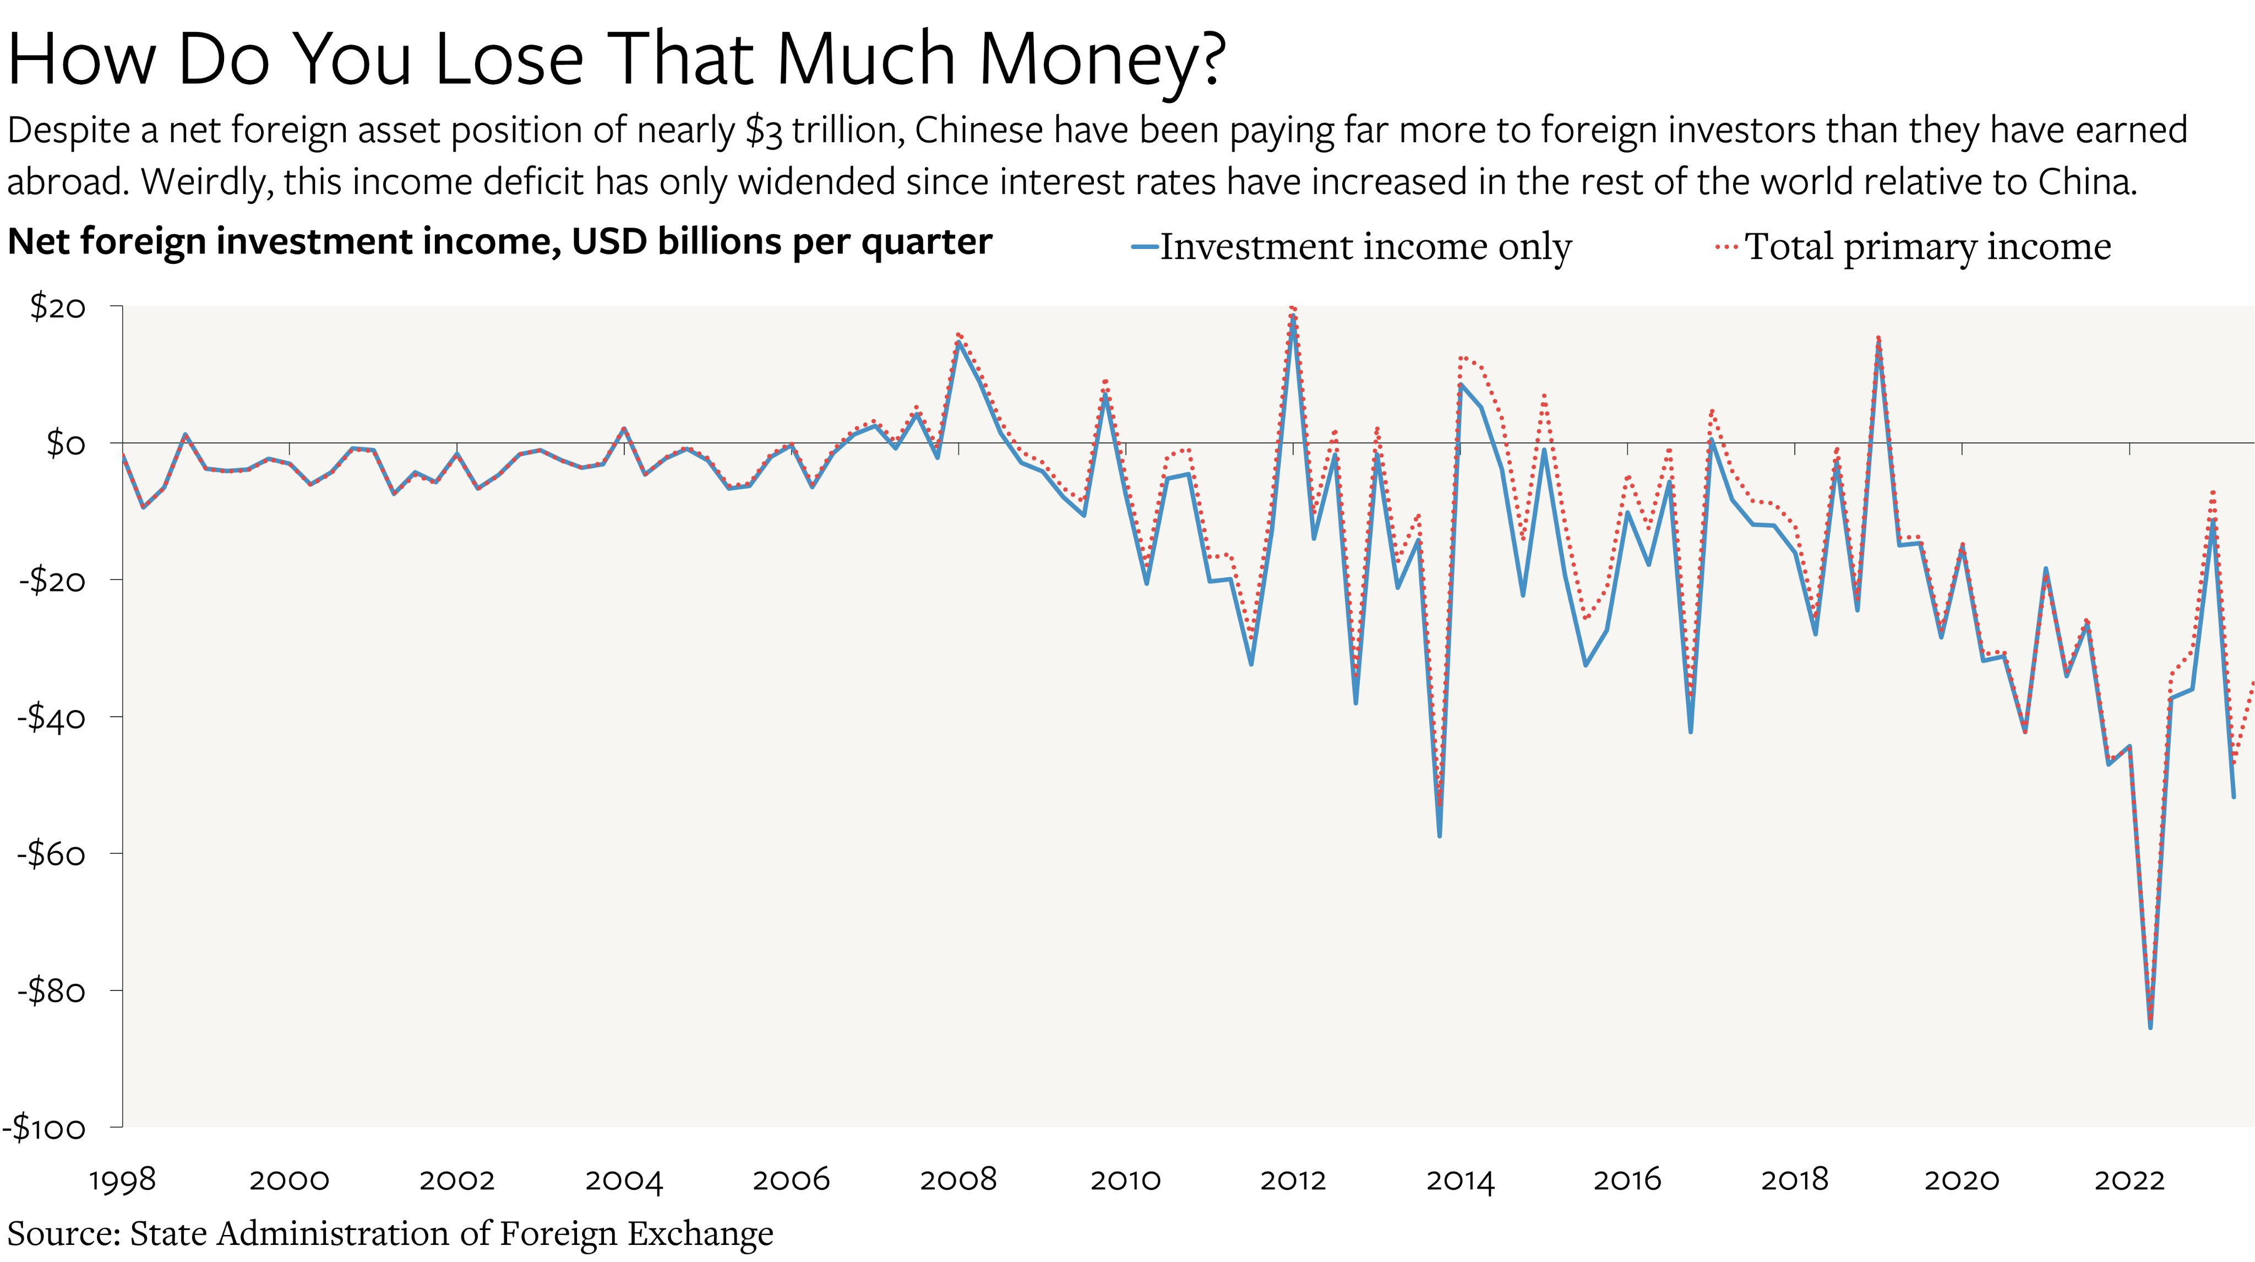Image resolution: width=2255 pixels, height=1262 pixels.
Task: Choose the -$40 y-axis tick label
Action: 52,717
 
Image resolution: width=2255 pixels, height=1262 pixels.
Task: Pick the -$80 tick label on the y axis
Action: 52,990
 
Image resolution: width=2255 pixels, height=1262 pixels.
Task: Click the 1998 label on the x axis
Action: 123,1180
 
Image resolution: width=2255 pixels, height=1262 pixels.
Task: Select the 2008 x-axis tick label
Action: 958,1180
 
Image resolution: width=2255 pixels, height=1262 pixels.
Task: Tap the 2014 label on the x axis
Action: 1460,1180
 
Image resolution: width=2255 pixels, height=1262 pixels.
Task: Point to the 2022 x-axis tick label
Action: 2129,1180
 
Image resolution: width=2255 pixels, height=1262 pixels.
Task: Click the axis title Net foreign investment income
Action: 499,242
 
